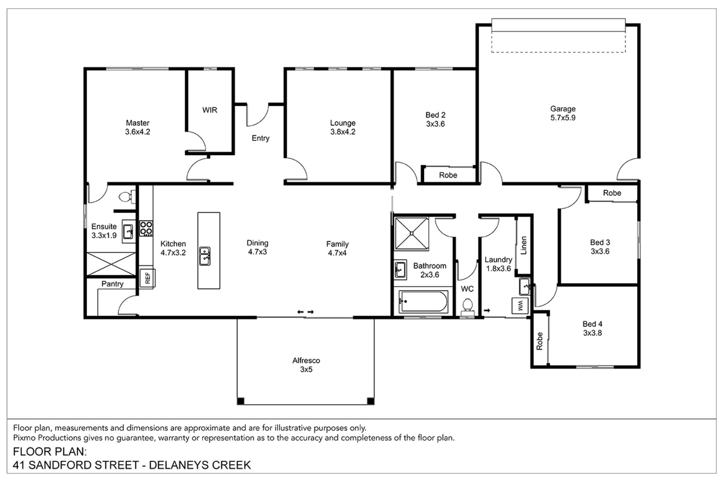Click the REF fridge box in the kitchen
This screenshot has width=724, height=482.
(x=147, y=278)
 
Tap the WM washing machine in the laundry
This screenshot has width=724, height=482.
(x=520, y=306)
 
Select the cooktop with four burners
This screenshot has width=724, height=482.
(x=146, y=228)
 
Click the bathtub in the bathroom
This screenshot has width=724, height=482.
(x=423, y=302)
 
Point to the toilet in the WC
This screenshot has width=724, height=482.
(x=467, y=307)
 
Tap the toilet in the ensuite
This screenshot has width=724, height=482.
(x=127, y=196)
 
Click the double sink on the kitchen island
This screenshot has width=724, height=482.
(x=205, y=256)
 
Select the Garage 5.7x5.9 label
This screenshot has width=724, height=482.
(x=563, y=113)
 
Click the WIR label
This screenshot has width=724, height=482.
(x=210, y=110)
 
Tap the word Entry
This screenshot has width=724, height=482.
(x=261, y=138)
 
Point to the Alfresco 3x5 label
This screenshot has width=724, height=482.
(x=306, y=365)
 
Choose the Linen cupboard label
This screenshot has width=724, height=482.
(x=524, y=245)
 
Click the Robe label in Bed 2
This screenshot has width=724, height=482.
(x=448, y=175)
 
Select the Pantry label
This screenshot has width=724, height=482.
(x=113, y=284)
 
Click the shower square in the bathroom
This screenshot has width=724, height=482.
(x=411, y=234)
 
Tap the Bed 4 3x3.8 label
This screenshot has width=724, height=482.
(x=592, y=328)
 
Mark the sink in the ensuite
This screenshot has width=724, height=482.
(x=129, y=232)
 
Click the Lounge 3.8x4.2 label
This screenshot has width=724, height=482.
(x=343, y=128)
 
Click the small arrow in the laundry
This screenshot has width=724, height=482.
(x=487, y=311)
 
